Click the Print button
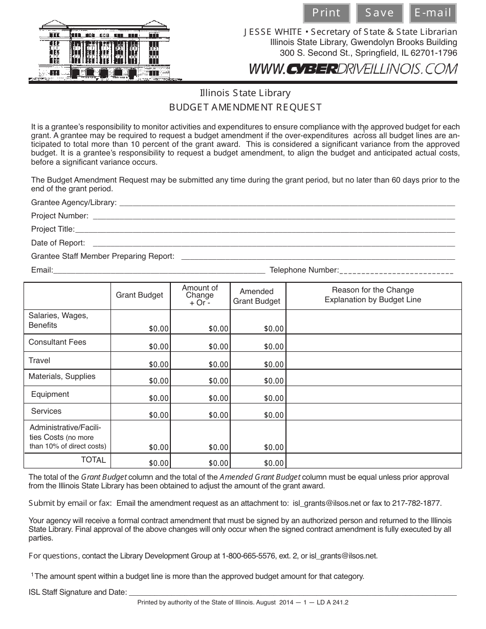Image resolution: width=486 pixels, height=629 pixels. pyautogui.click(x=326, y=13)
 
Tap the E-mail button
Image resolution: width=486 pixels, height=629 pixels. pyautogui.click(x=433, y=13)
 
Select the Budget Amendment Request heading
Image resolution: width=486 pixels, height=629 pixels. pyautogui.click(x=245, y=107)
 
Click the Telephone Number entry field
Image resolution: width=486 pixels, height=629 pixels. pyautogui.click(x=396, y=271)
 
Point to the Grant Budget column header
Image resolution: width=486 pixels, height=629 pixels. pyautogui.click(x=140, y=295)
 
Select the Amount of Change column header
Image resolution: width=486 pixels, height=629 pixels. pyautogui.click(x=200, y=295)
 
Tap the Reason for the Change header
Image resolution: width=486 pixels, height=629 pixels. pyautogui.click(x=373, y=295)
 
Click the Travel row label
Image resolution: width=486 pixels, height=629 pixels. pyautogui.click(x=39, y=361)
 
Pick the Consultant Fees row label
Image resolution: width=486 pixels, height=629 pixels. pyautogui.click(x=57, y=342)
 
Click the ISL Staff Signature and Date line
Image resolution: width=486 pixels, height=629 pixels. pyautogui.click(x=292, y=593)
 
